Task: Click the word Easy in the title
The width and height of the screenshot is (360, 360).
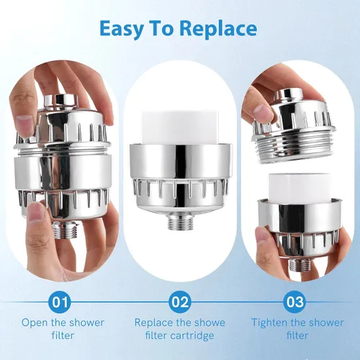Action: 121,30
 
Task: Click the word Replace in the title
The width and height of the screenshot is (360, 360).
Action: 218,29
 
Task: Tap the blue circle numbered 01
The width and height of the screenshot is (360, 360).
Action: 60,302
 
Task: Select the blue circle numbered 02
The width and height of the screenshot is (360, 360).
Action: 180,302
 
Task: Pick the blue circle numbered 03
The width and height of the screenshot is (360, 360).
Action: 294,302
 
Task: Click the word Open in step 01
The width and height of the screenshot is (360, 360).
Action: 35,323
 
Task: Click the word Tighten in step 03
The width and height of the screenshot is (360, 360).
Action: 269,323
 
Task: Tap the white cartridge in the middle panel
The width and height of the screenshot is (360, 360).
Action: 180,128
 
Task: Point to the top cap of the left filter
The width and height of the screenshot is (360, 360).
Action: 62,99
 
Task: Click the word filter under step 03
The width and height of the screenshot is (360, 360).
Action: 297,336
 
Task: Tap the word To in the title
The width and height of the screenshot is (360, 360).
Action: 161,29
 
